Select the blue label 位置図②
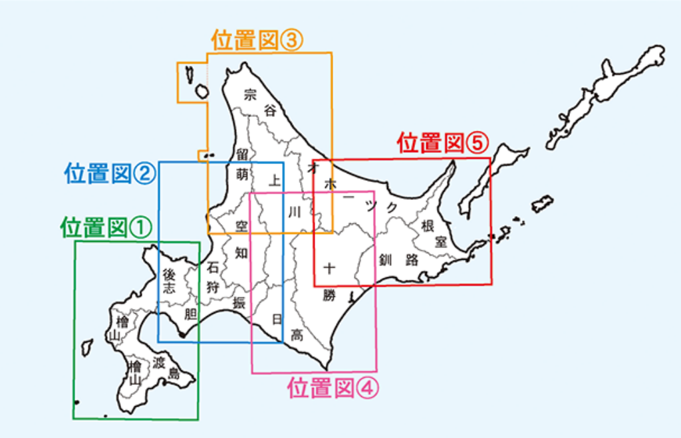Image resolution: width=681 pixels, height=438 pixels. point(110,174)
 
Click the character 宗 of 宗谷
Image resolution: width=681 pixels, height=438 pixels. point(250,94)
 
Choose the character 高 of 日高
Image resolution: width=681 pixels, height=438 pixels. point(297,336)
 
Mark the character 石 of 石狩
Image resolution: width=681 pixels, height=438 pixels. point(213,268)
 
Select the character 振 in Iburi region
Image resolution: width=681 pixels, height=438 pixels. point(239,303)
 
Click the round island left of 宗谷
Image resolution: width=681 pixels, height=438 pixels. point(202,91)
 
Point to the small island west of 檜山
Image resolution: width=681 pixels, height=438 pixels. point(86,347)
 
